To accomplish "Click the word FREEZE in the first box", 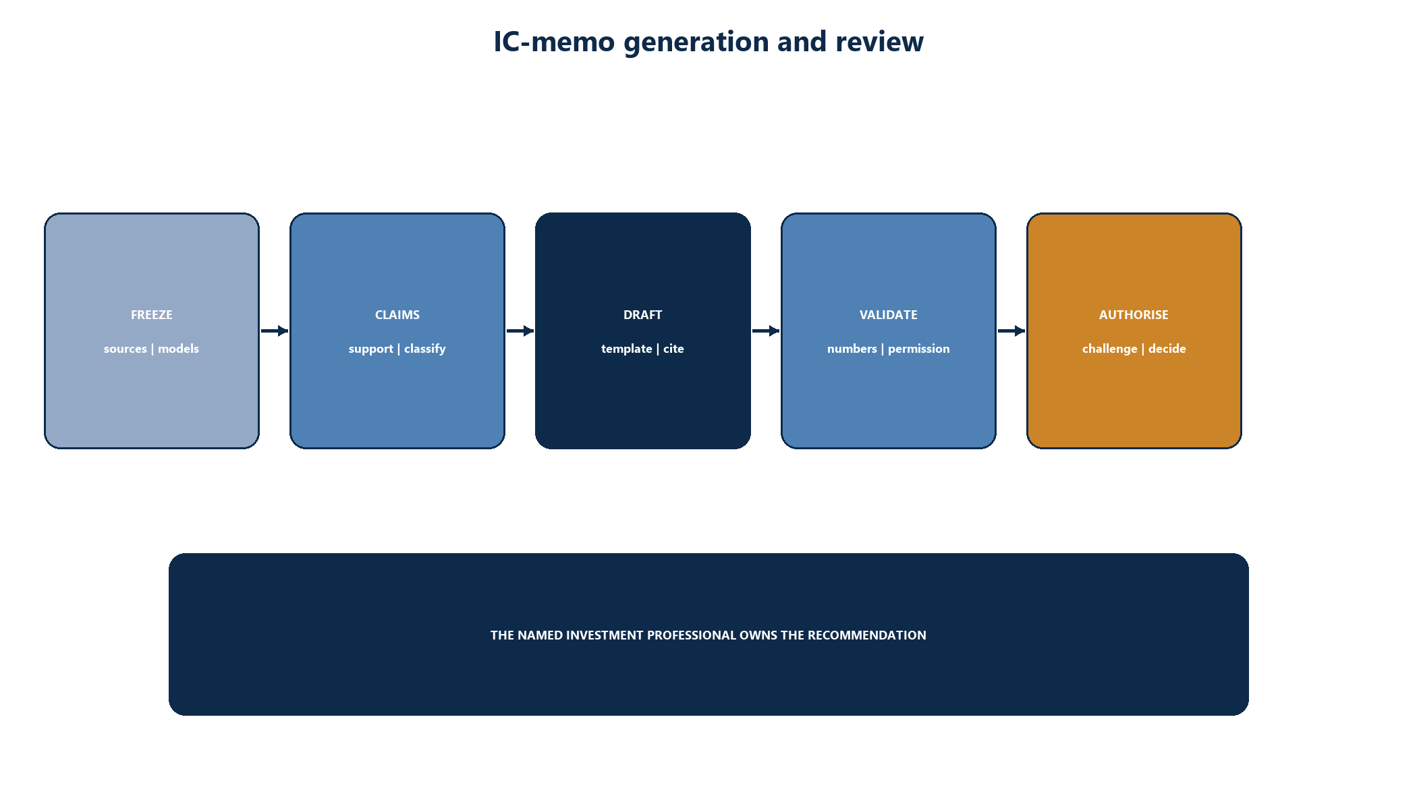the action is click(x=152, y=315).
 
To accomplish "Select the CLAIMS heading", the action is click(x=397, y=315).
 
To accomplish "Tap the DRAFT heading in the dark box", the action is click(x=643, y=315).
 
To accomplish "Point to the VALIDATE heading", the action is click(x=889, y=315).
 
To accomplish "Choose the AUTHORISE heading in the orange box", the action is click(x=1134, y=315).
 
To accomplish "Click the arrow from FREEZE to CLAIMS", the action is click(x=275, y=331).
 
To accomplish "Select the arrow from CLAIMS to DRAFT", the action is click(x=520, y=331).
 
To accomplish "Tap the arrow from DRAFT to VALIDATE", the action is click(x=766, y=331).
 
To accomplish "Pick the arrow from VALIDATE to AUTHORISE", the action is click(x=1011, y=331).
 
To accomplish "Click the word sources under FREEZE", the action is click(x=126, y=349).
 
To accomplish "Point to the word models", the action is click(x=178, y=349).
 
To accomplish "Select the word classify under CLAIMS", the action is click(x=425, y=349).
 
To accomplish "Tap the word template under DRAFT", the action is click(x=627, y=349).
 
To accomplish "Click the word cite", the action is click(x=673, y=349).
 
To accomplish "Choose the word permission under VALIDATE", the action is click(x=919, y=349).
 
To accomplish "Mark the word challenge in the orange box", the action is click(x=1110, y=349).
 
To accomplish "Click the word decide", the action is click(x=1167, y=349).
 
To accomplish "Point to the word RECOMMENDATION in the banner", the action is click(x=867, y=635).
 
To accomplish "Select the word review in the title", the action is click(x=879, y=42).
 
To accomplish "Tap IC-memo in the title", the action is click(x=555, y=42).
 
